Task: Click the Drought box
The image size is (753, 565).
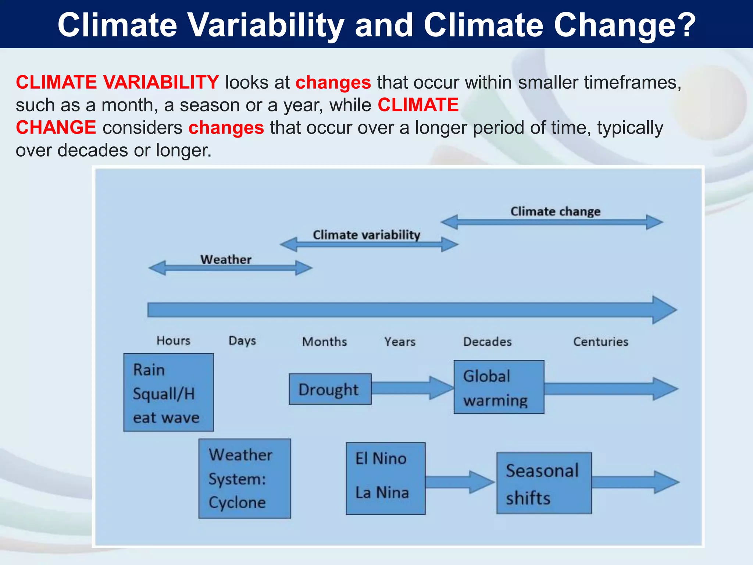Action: coord(330,389)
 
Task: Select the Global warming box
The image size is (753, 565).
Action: coord(499,387)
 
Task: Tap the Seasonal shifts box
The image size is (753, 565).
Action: coord(544,483)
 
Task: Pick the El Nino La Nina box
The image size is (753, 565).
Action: coord(385,479)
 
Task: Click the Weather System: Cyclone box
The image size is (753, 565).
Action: coord(245,479)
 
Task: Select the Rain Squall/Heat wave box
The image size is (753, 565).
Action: coord(168,392)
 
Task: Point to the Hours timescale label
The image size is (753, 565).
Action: coord(173,341)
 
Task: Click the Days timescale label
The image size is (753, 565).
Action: coord(242,341)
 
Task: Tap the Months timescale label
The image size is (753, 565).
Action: coord(324,342)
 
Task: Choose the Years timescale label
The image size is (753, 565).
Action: coord(400,342)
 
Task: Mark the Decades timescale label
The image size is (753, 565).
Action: coord(487,342)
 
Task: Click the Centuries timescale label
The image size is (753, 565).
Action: coord(600,342)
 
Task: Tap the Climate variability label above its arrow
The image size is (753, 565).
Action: coord(366,235)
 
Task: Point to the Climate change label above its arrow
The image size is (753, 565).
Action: coord(555,212)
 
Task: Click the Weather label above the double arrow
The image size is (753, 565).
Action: coord(226,259)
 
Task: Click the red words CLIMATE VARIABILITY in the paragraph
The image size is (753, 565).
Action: coord(117,82)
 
